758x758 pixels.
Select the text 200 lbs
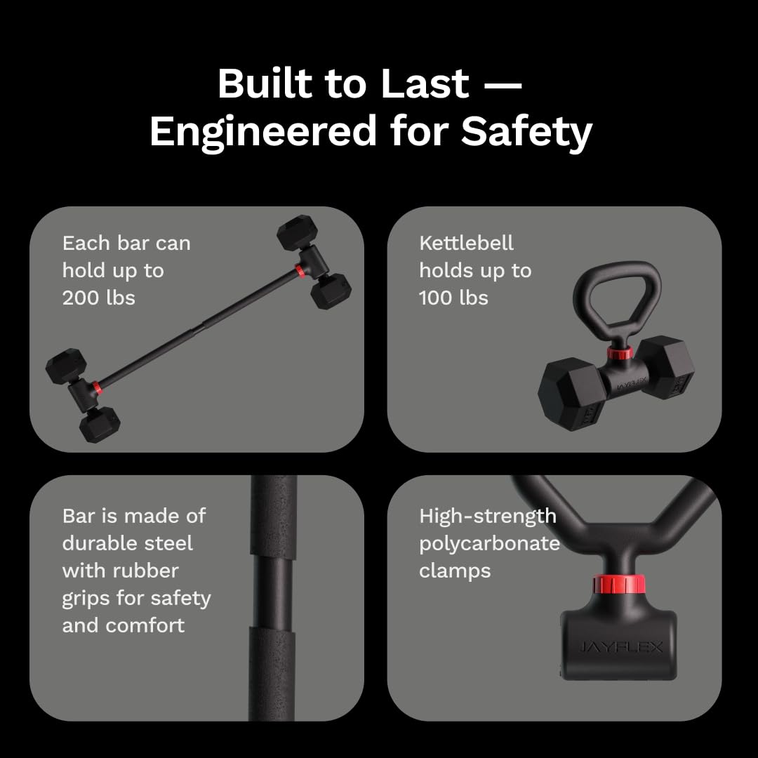point(98,298)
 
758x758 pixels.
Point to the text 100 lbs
point(453,298)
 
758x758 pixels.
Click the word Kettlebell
point(466,243)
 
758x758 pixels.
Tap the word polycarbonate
point(489,543)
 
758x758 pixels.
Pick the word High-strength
point(487,516)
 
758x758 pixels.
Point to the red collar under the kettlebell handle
point(620,351)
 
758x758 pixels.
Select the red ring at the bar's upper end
point(300,271)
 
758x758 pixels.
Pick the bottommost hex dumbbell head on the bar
point(99,425)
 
